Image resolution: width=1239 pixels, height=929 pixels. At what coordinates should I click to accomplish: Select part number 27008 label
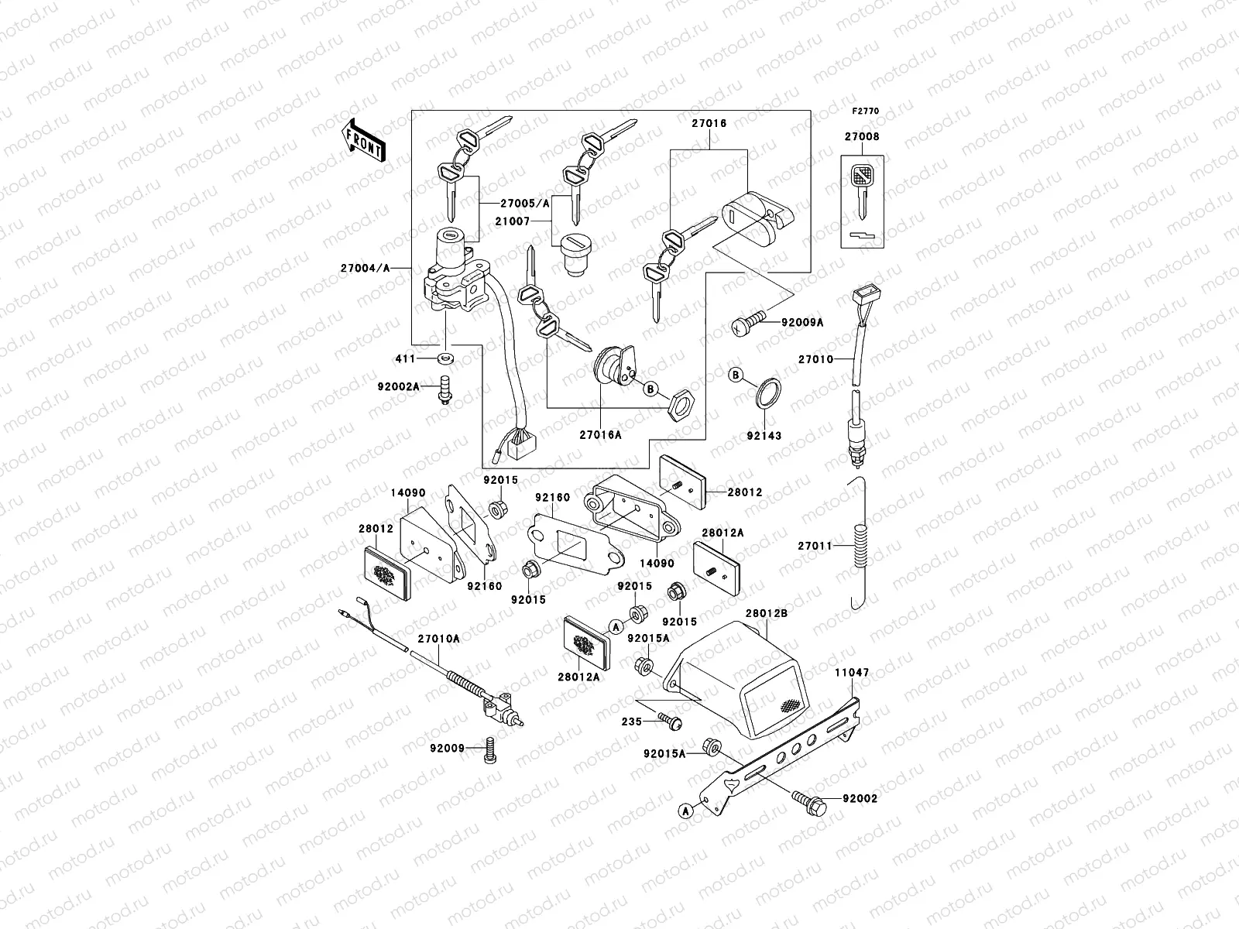pos(861,137)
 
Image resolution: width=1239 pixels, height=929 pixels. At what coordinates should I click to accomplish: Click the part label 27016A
pos(601,435)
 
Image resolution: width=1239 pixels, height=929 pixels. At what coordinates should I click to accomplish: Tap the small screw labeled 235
pos(670,722)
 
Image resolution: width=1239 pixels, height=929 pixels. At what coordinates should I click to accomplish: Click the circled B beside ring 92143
pos(736,375)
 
